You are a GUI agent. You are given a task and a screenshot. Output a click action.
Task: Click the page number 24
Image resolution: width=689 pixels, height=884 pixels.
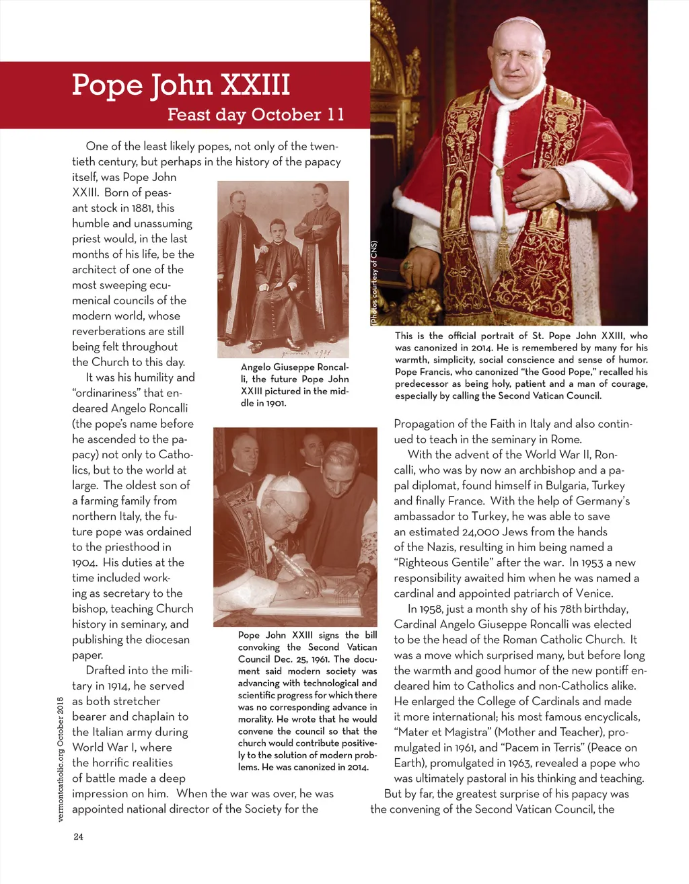pos(78,837)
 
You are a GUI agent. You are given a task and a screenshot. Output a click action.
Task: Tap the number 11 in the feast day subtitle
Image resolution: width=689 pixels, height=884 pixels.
pos(336,115)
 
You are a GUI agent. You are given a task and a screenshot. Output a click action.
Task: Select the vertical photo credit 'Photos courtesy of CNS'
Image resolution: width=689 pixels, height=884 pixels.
pos(374,283)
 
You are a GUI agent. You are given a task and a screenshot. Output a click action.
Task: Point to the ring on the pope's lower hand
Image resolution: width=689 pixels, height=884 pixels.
pos(407,266)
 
